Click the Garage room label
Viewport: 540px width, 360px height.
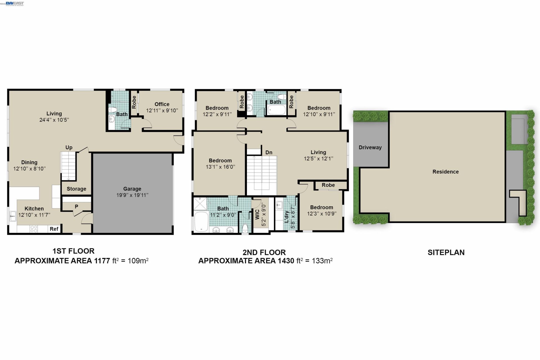[132, 189]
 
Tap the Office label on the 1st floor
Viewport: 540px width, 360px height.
[162, 104]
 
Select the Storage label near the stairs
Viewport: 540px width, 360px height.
[76, 189]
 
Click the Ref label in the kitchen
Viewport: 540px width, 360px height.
[54, 229]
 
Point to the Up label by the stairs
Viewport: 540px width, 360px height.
[69, 147]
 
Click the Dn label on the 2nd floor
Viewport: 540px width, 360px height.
[269, 152]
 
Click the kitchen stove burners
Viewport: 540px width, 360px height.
[34, 229]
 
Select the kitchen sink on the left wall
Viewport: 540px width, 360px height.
[13, 216]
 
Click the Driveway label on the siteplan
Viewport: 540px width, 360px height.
[370, 147]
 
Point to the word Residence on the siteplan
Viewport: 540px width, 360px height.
[445, 172]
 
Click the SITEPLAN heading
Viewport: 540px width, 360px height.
[446, 252]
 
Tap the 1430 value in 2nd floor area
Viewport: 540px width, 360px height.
[286, 261]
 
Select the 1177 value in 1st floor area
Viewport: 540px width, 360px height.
[102, 261]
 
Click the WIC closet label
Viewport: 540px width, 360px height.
[257, 215]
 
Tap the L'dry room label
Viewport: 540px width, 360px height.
[287, 217]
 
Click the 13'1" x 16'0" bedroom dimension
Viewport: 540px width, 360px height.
[220, 167]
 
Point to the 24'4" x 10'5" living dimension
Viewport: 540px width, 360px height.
[54, 120]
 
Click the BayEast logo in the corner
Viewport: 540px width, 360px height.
[15, 3]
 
